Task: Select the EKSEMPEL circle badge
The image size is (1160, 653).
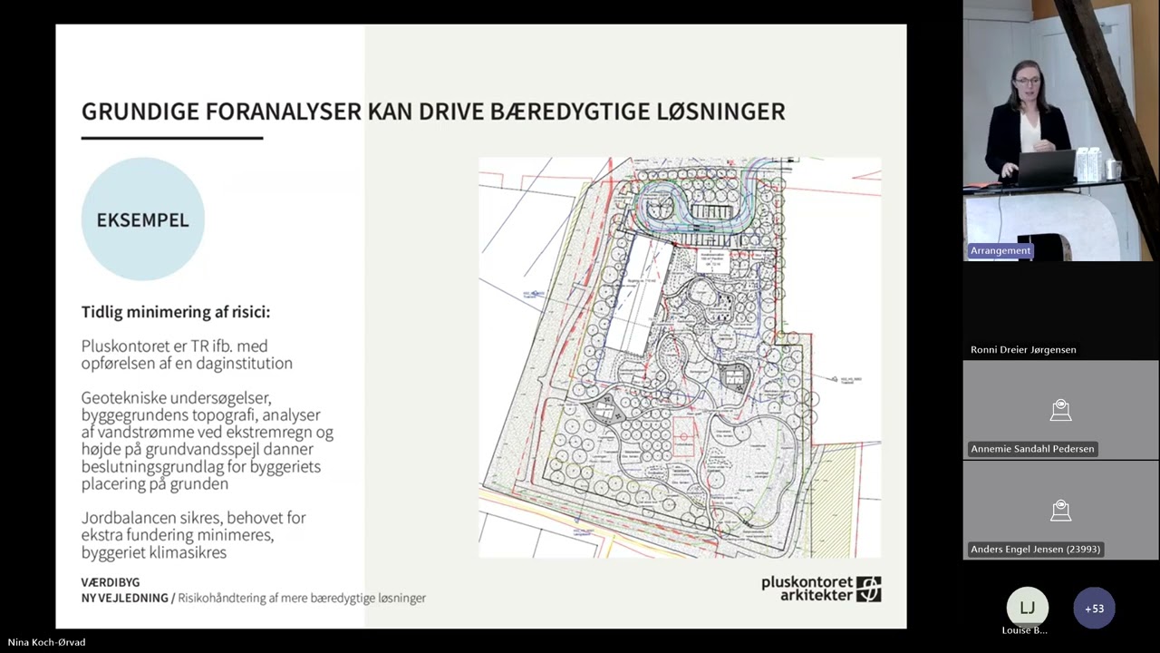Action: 142,219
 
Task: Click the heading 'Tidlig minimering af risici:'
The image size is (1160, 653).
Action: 176,312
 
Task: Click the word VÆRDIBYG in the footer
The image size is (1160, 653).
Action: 111,582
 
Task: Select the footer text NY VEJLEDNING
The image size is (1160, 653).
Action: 124,599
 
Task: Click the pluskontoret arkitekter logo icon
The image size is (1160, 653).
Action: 868,590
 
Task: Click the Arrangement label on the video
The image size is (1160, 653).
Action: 1000,250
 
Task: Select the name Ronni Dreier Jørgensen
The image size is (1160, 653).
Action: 1023,349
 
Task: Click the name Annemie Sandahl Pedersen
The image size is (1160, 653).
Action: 1032,449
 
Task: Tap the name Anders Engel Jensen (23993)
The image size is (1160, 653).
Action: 1035,549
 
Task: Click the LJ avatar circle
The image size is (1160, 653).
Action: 1027,608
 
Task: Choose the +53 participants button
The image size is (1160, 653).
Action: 1094,608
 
